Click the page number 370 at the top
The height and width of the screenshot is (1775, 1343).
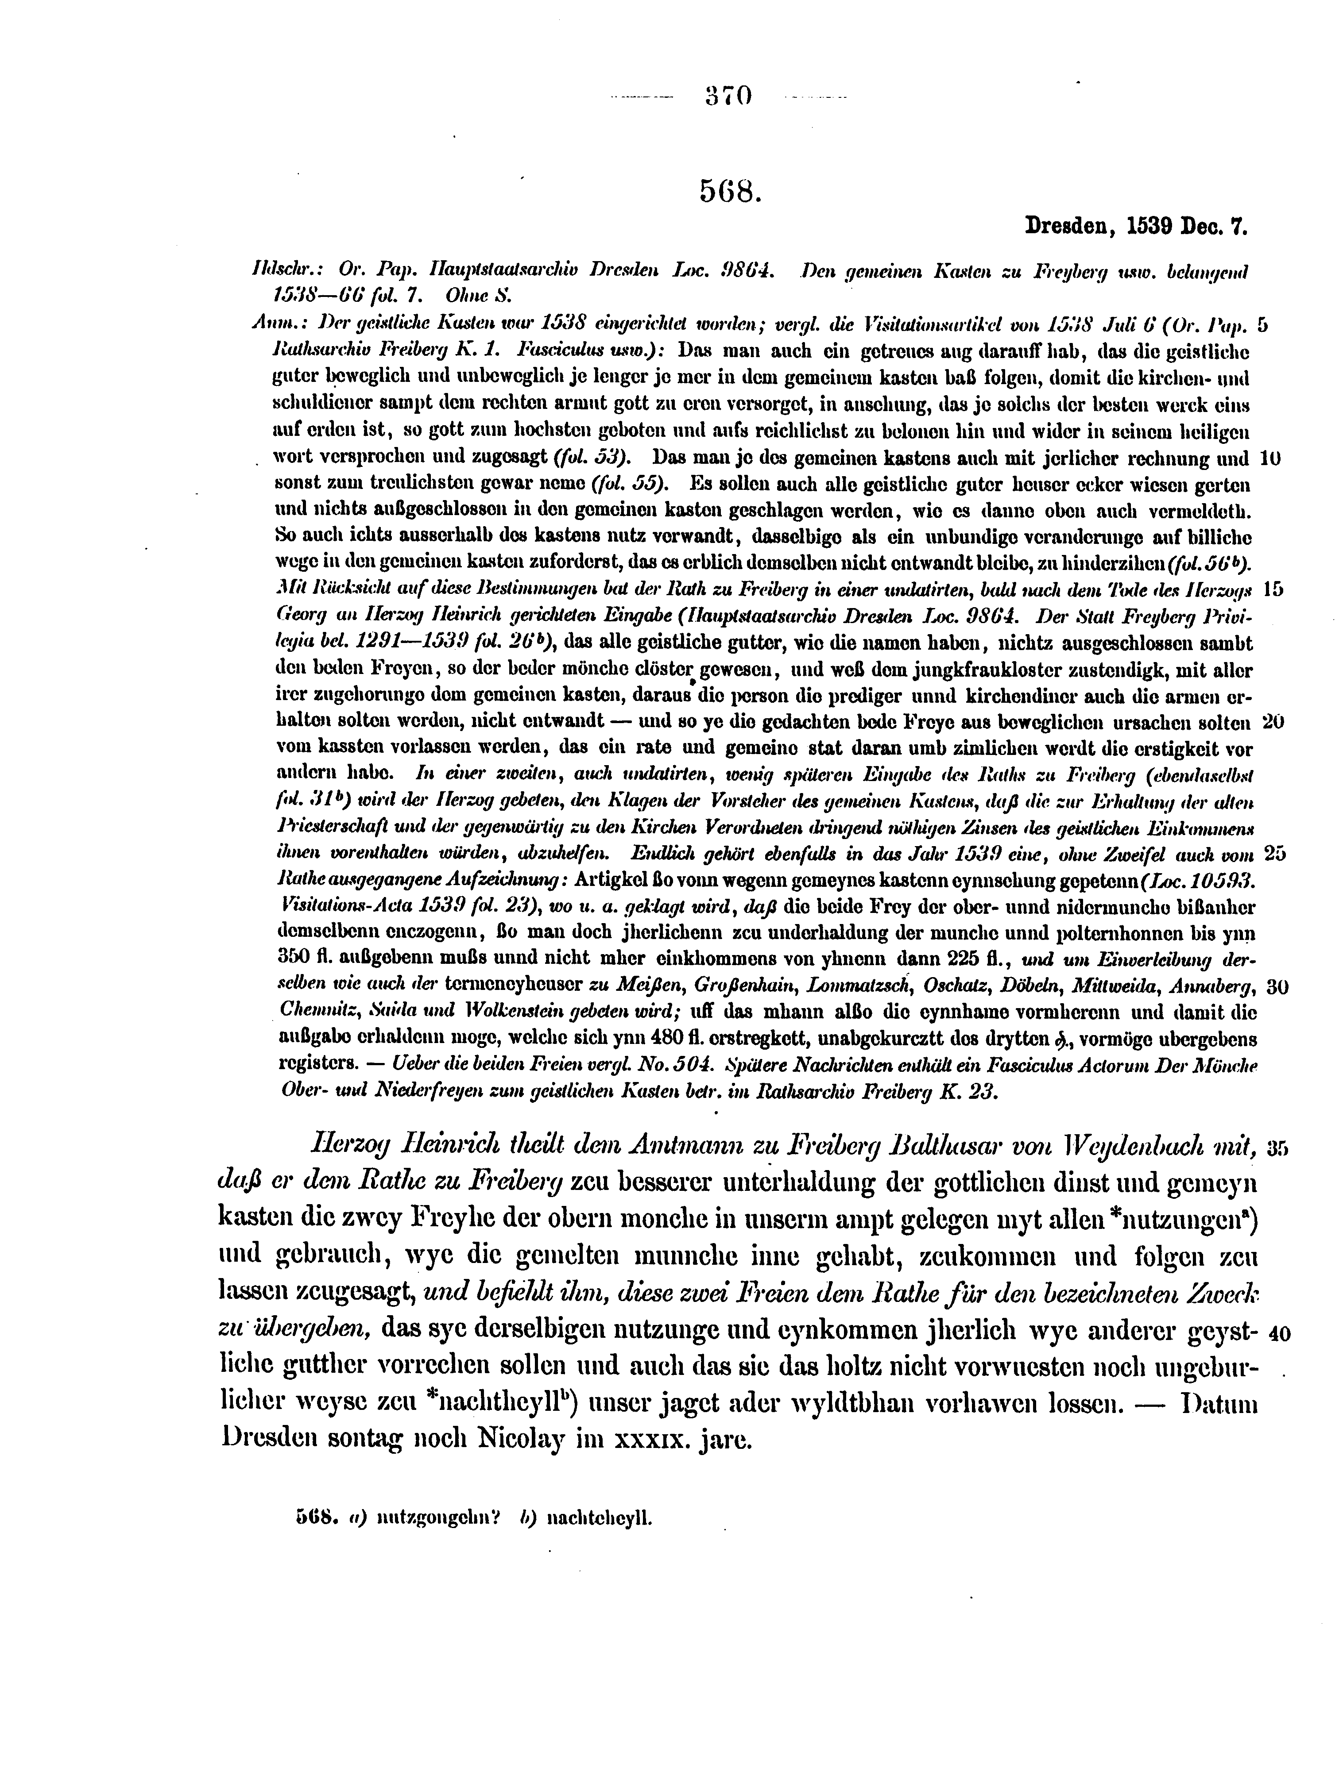click(x=729, y=96)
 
